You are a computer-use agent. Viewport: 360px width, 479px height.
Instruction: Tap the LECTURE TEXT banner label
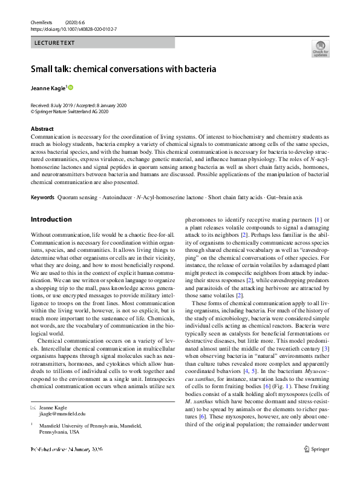click(55, 43)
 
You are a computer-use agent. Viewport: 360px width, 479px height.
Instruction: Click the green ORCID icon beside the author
click(70, 88)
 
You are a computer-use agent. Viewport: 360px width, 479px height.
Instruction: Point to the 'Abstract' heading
click(42, 129)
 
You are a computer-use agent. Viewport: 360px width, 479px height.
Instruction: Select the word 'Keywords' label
click(43, 198)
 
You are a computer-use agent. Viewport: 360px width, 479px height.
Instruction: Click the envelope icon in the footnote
click(33, 408)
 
